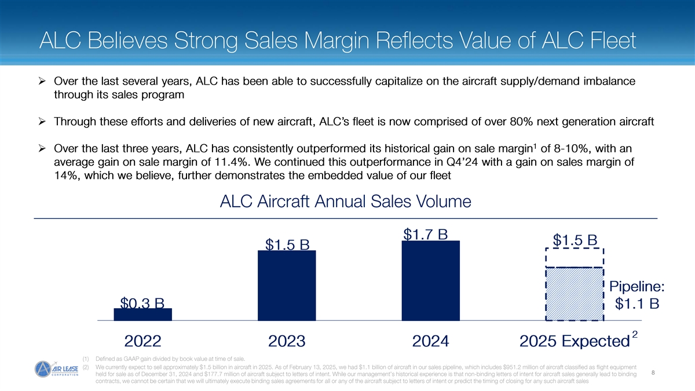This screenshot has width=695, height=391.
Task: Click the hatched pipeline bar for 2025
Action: (575, 294)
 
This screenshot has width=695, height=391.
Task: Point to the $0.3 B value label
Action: (142, 303)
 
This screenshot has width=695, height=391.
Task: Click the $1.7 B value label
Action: (426, 235)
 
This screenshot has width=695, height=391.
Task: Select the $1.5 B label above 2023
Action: (287, 245)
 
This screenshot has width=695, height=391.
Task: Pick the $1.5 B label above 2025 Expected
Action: (575, 240)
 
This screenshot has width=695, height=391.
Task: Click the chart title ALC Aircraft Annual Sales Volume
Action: (346, 202)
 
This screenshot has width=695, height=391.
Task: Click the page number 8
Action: (653, 372)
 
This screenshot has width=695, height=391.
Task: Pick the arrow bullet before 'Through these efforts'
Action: (41, 122)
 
